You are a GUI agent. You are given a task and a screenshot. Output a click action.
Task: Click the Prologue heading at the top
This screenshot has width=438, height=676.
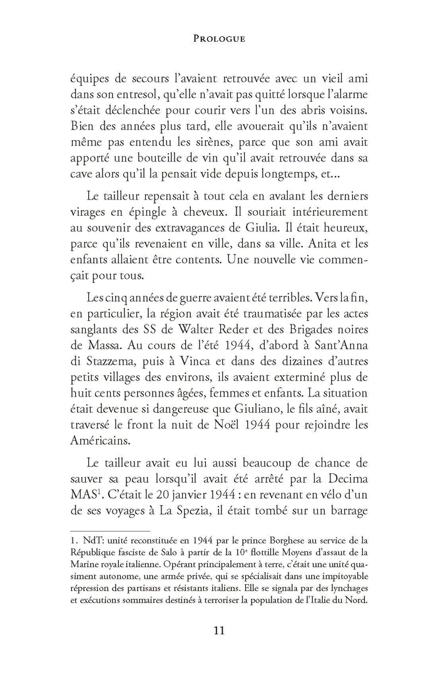tap(218, 38)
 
